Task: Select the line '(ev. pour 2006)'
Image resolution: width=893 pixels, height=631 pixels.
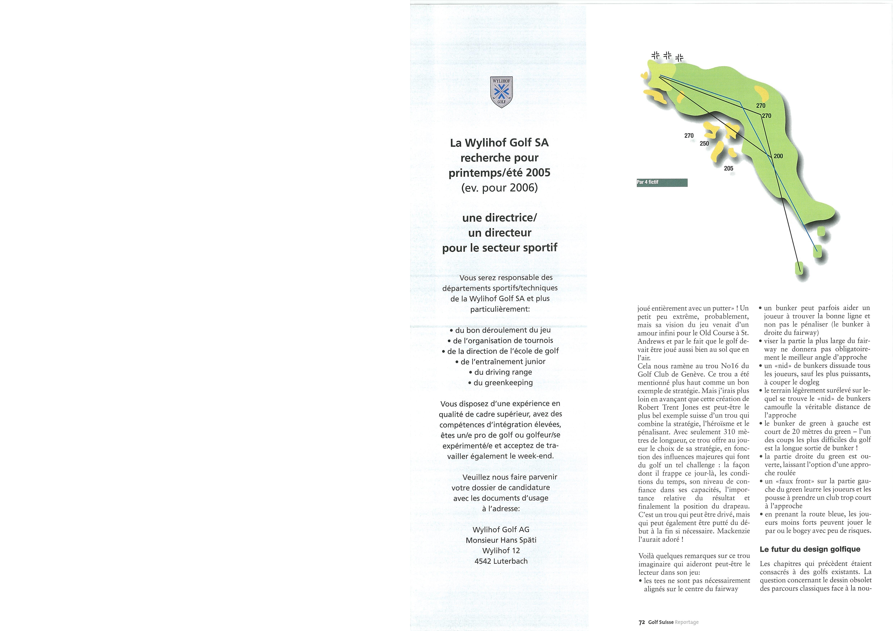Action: [499, 188]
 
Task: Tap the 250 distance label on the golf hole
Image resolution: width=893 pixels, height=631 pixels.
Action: [704, 143]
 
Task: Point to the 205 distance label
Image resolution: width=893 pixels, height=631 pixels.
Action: [728, 168]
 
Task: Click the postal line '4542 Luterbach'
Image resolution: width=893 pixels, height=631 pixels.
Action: [501, 561]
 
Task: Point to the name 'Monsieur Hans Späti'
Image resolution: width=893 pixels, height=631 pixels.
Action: [501, 540]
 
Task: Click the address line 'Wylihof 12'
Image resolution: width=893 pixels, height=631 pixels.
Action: [501, 550]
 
